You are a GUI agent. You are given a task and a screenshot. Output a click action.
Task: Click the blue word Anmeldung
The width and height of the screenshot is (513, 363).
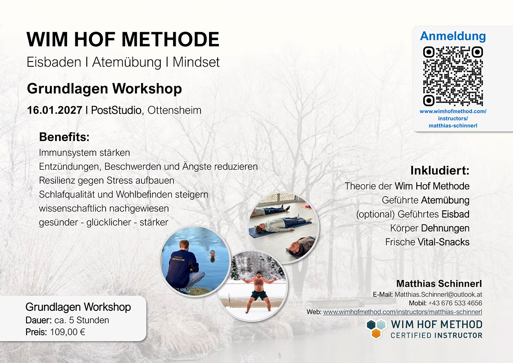453,36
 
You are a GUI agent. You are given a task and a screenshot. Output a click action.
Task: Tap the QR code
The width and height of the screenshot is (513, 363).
453,76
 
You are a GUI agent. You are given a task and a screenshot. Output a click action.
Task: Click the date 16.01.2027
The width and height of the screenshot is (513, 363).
55,110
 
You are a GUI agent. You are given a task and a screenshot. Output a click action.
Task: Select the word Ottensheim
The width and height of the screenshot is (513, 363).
174,110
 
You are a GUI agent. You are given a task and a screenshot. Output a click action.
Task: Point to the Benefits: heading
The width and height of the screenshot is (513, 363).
65,137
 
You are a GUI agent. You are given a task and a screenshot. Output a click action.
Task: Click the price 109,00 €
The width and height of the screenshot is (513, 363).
68,332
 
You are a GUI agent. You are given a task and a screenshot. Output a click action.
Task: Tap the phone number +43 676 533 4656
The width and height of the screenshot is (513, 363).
455,303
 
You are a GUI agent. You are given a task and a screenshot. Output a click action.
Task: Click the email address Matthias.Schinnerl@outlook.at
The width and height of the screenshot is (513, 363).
438,294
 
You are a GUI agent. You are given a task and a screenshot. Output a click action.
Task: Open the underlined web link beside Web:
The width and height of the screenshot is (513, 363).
403,312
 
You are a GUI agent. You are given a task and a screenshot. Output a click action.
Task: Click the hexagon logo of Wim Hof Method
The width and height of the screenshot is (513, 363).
376,329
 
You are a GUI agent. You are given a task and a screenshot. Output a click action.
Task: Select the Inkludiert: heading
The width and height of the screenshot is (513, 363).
440,171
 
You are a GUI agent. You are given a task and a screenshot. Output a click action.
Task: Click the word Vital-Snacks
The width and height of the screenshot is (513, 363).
444,242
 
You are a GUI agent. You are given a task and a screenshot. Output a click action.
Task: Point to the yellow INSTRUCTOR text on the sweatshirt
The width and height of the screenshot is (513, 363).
178,260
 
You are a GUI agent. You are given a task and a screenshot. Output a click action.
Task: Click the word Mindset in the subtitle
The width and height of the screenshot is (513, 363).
196,62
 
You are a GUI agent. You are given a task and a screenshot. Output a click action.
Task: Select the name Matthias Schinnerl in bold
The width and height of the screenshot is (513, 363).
439,283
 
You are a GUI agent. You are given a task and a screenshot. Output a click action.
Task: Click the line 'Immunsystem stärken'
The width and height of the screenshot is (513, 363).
84,153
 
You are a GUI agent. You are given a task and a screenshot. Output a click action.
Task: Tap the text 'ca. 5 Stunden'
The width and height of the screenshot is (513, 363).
82,320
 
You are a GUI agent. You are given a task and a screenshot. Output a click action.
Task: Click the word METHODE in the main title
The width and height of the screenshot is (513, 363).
171,39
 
